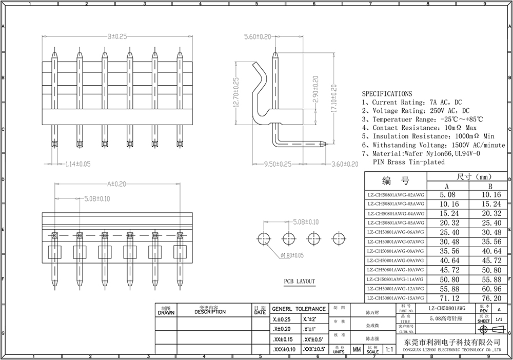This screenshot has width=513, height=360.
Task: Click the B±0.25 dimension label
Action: [x=117, y=37]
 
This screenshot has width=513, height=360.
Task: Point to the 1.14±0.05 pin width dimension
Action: [x=78, y=164]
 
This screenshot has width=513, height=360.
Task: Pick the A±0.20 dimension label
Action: [x=117, y=183]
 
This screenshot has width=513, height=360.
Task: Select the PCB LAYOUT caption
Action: [x=300, y=282]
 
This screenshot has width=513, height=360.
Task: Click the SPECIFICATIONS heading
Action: [x=387, y=94]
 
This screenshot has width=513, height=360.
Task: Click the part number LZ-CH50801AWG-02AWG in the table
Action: [x=396, y=195]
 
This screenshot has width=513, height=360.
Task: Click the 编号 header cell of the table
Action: [x=396, y=181]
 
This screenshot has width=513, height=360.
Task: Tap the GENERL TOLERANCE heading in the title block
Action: [x=299, y=309]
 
